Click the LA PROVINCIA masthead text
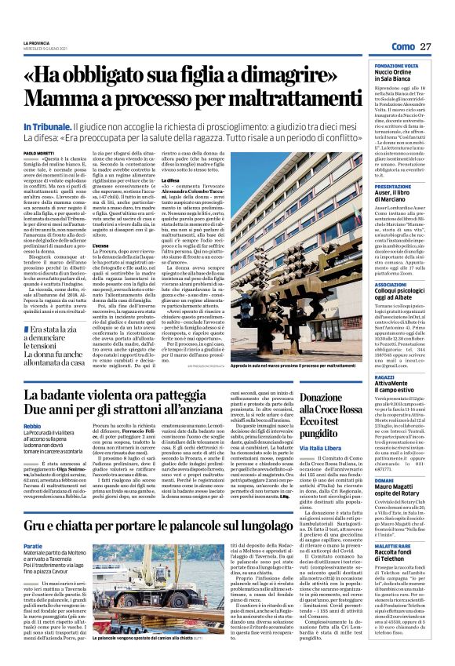tap(36, 42)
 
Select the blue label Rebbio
tap(33, 427)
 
